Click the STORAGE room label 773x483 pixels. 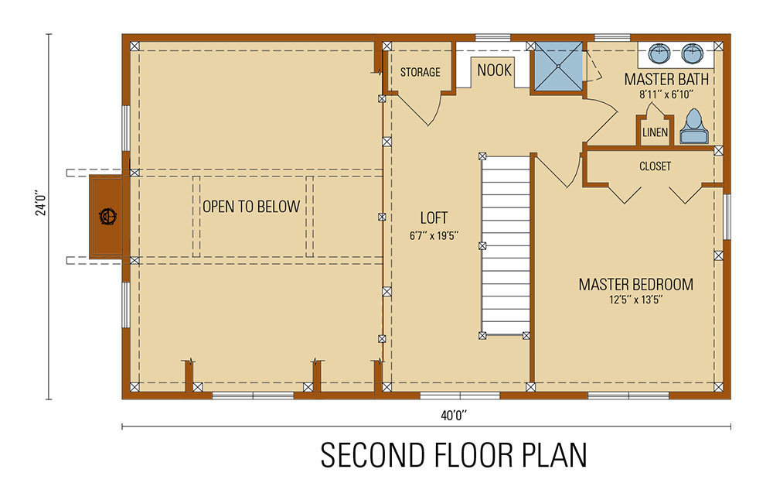(420, 72)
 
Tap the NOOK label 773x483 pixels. (494, 70)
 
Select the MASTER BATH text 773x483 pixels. (666, 79)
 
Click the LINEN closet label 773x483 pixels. (655, 132)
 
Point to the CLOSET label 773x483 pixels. (655, 166)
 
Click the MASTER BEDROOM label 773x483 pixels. (635, 284)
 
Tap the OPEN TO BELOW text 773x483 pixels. (250, 207)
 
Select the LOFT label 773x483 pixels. (434, 218)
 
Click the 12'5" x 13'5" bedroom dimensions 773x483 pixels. (635, 300)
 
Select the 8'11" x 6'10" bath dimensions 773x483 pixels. (666, 94)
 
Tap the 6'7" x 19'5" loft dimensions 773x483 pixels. (434, 235)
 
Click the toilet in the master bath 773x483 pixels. (693, 128)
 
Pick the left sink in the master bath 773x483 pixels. (658, 53)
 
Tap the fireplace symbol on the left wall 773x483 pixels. (106, 216)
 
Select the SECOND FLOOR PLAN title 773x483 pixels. (454, 455)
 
